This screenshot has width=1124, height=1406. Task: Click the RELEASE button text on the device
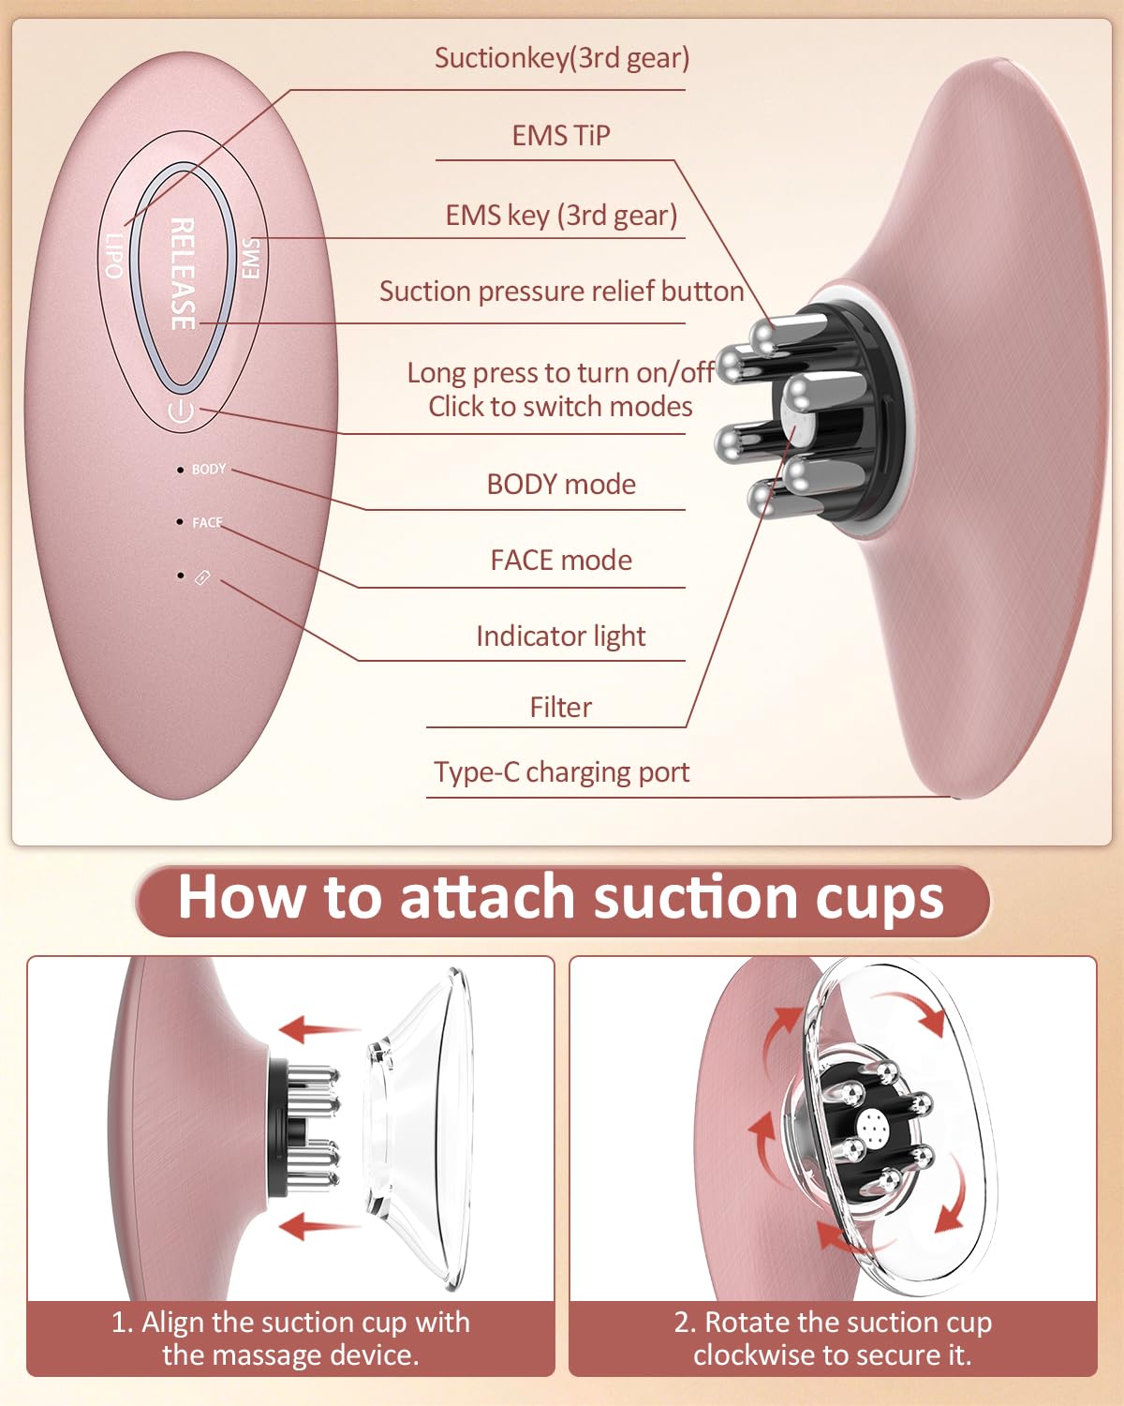tap(183, 274)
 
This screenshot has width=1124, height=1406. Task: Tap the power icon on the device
tap(180, 411)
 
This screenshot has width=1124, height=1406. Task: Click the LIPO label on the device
tap(114, 256)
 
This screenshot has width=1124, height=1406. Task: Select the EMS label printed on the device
tap(251, 258)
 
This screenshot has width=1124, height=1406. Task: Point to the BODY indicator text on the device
tap(209, 469)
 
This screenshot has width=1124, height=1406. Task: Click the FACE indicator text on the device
tap(207, 523)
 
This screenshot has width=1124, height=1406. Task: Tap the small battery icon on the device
tap(202, 577)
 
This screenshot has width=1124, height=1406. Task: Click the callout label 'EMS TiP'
tap(561, 136)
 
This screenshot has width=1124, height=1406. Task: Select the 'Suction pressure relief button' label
tap(562, 292)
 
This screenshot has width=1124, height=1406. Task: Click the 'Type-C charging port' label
tap(562, 772)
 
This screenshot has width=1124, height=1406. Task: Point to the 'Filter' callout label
tap(561, 707)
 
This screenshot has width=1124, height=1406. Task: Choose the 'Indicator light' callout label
tap(561, 636)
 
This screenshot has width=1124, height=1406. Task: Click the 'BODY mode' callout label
tap(561, 484)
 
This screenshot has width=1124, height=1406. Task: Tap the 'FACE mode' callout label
tap(561, 561)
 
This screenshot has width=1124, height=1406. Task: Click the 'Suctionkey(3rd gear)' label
tap(562, 58)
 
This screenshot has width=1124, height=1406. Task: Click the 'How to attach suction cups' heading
tap(561, 898)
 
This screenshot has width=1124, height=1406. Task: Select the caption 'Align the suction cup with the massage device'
tap(290, 1339)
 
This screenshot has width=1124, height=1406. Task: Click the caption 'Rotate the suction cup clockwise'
tap(833, 1339)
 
